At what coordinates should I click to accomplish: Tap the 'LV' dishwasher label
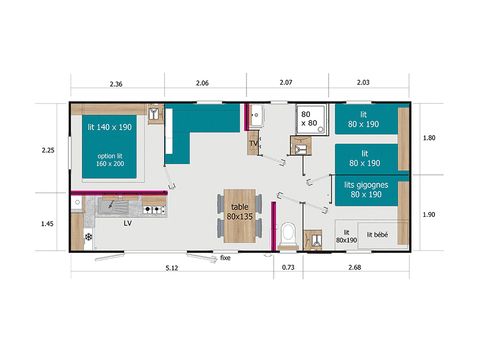pyautogui.click(x=127, y=224)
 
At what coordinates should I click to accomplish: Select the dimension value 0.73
pyautogui.click(x=288, y=269)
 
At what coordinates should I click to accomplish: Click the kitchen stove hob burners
pyautogui.click(x=153, y=209)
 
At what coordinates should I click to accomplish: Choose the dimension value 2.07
pyautogui.click(x=287, y=85)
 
